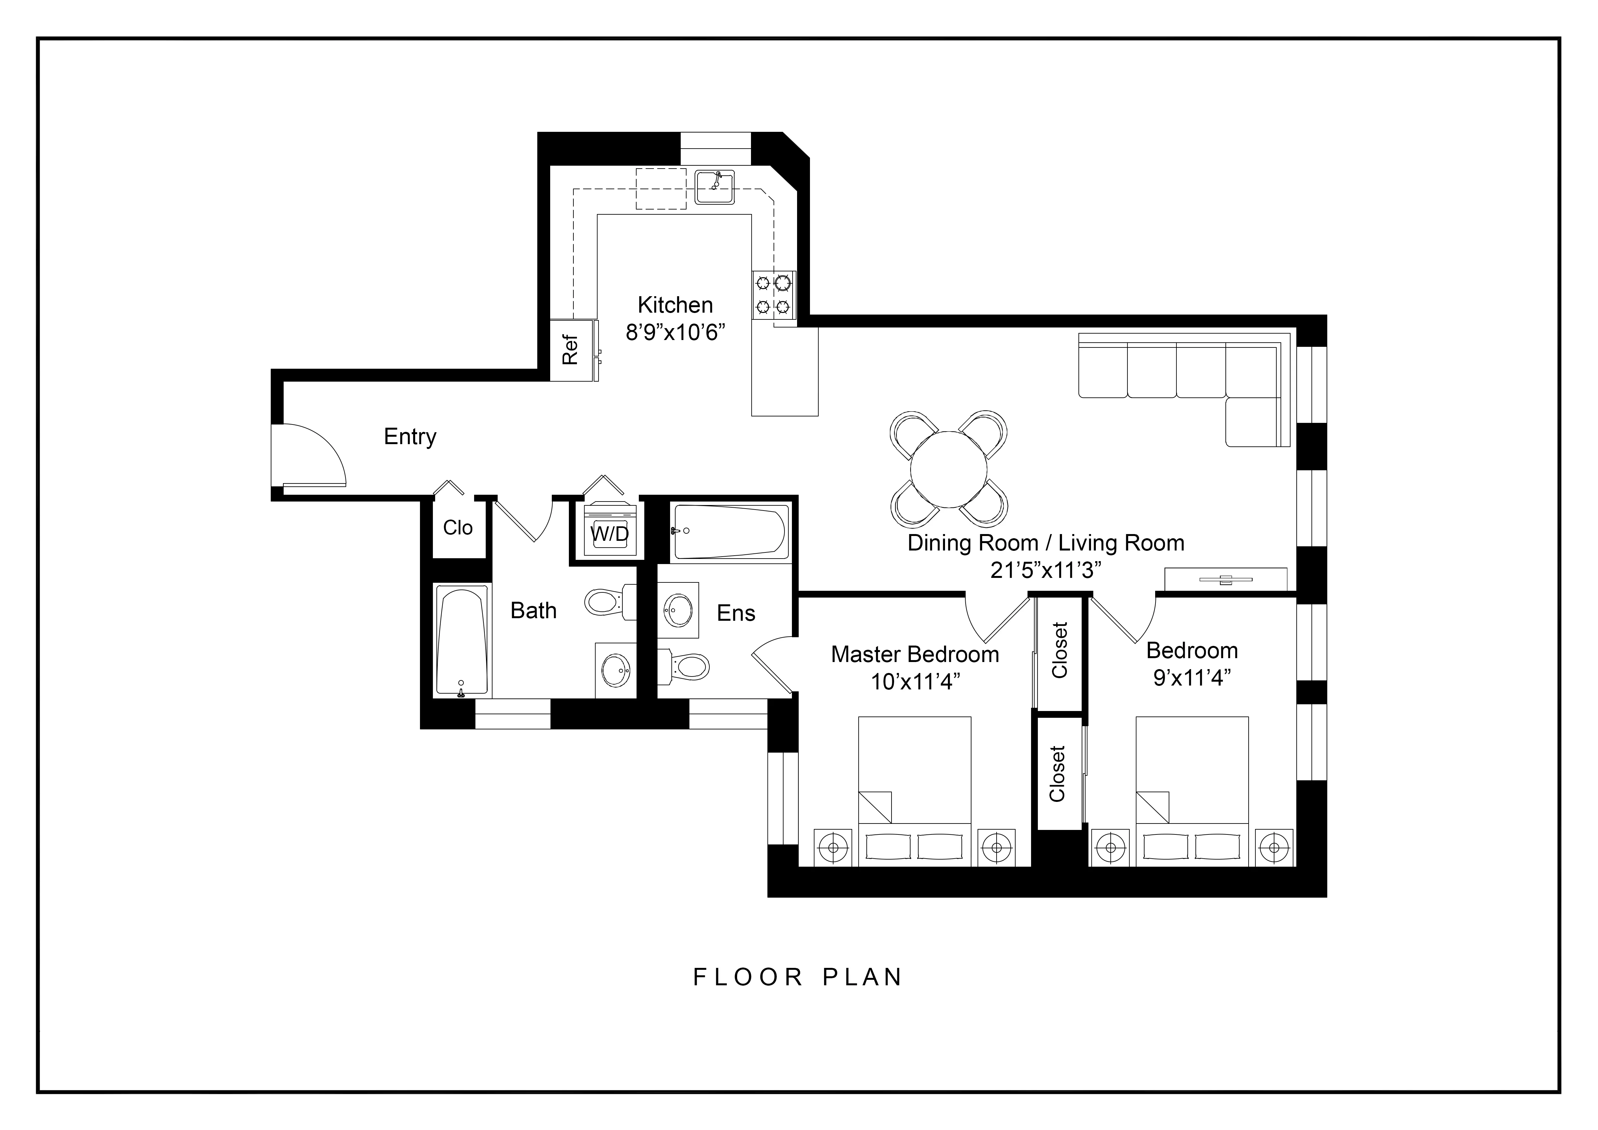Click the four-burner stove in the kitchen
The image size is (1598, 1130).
pos(773,295)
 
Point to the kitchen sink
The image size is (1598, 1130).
pos(714,187)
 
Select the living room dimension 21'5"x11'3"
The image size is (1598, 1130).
pos(1045,570)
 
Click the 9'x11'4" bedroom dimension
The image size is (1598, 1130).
pos(1192,678)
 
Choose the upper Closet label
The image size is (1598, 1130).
pos(1059,650)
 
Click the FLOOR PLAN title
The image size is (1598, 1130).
pos(798,977)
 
